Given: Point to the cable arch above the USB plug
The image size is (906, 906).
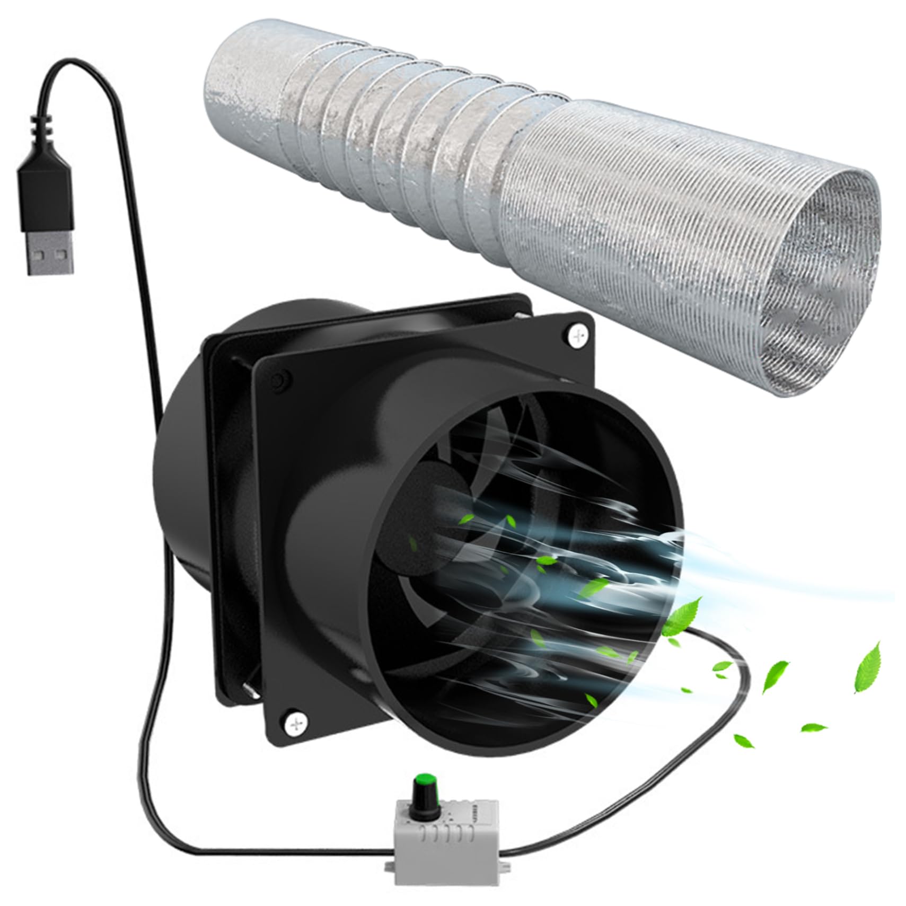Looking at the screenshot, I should click(x=80, y=66).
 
